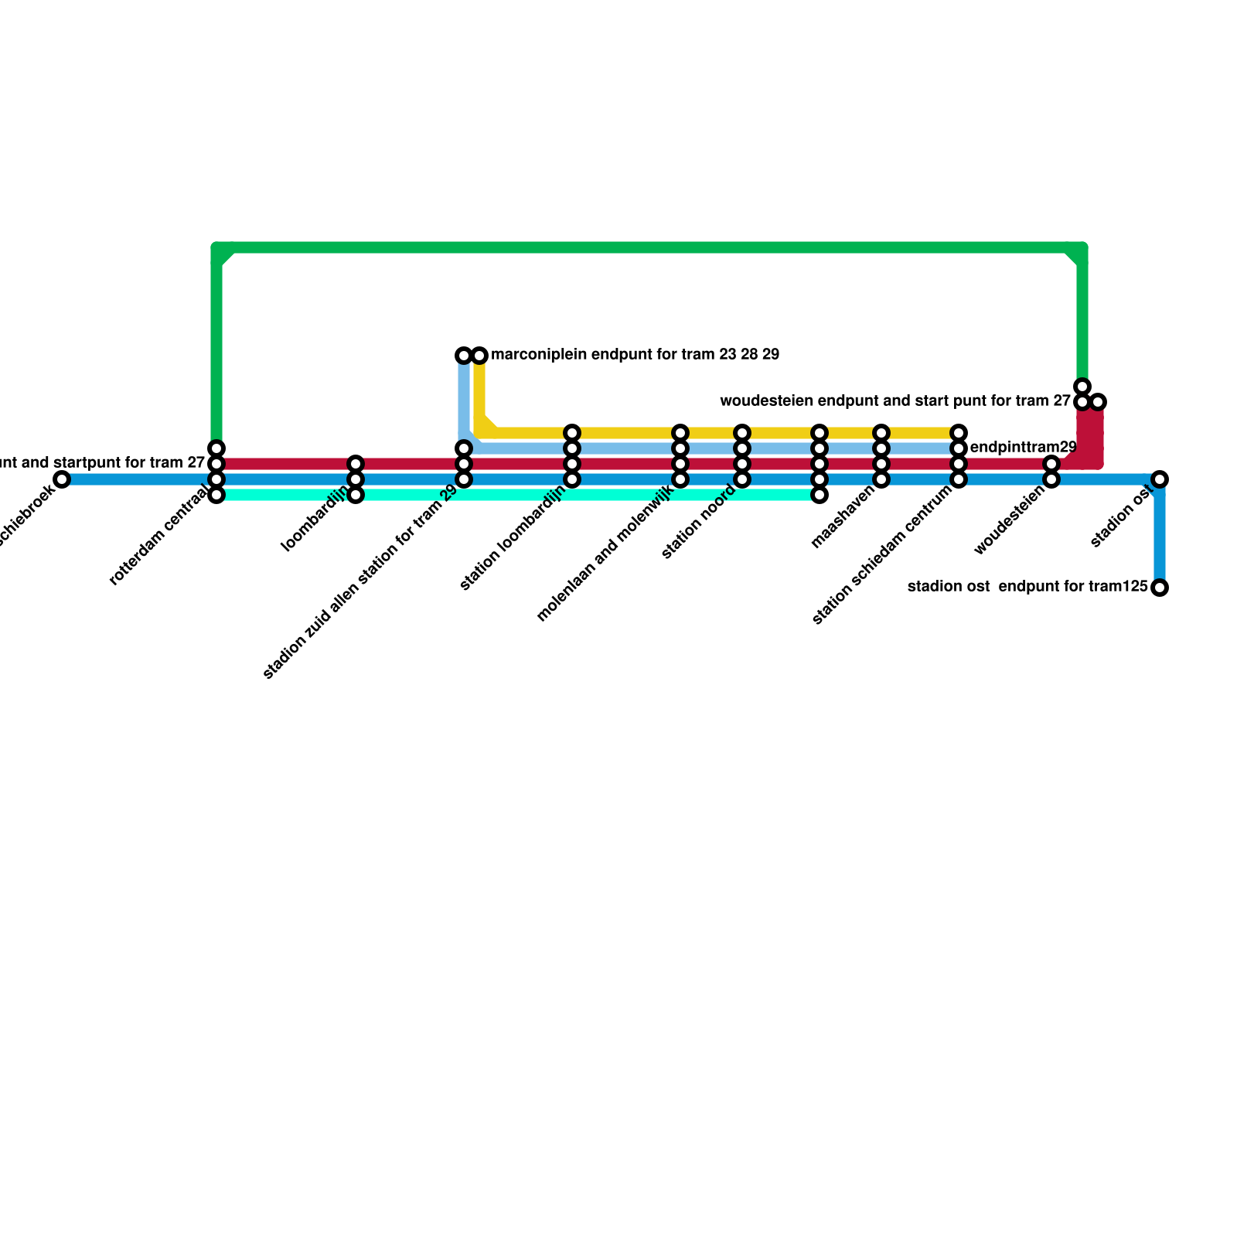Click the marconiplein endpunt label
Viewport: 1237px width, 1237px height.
click(635, 356)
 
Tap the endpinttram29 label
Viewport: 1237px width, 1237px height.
click(1022, 448)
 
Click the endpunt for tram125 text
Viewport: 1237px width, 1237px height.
click(1073, 587)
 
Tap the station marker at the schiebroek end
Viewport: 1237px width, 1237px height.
click(62, 479)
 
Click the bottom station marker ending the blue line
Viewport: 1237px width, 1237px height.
click(1159, 588)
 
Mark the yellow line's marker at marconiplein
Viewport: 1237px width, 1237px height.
click(480, 356)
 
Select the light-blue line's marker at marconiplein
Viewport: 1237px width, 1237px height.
click(463, 356)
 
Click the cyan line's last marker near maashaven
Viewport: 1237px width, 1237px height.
click(820, 495)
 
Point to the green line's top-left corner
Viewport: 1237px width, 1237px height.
click(218, 249)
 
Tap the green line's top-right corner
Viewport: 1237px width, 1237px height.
click(1082, 249)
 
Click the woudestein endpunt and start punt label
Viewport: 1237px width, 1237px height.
click(895, 401)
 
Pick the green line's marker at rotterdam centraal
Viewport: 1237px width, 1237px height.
click(217, 448)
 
